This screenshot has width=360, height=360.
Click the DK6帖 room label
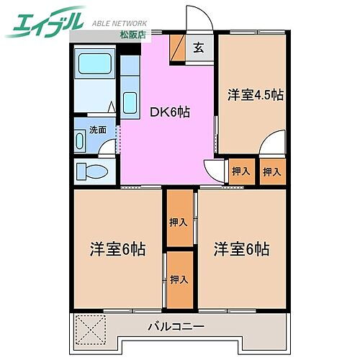[x=170, y=112]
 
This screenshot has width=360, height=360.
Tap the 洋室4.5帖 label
[x=256, y=95]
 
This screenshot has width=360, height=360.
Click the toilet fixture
[x=92, y=171]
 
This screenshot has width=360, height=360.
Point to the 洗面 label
[x=98, y=130]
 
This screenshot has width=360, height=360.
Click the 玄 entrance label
[x=198, y=49]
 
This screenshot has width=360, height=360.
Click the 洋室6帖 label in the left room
[x=118, y=250]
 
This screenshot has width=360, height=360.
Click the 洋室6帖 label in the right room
[x=241, y=250]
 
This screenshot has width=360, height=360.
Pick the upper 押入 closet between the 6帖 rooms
[x=179, y=221]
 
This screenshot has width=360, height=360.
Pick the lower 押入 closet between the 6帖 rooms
[x=179, y=279]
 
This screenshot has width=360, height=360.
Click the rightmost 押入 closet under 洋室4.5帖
[x=271, y=171]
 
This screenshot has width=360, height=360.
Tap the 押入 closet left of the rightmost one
[x=240, y=171]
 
